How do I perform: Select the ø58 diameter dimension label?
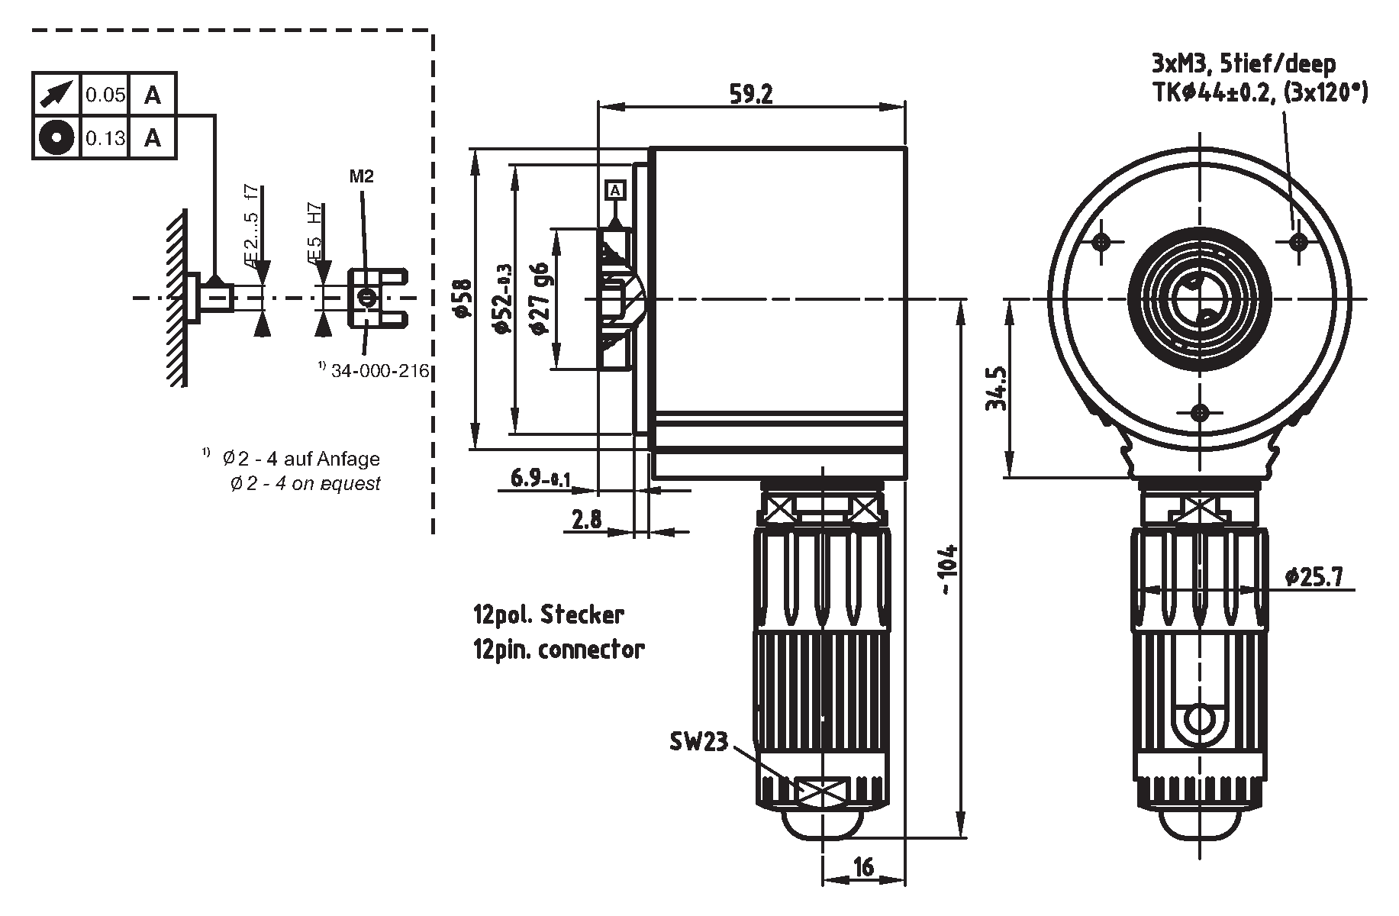(x=460, y=298)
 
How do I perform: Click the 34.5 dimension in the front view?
(x=998, y=389)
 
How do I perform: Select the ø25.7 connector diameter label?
(x=1314, y=576)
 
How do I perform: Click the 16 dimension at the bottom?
(x=863, y=867)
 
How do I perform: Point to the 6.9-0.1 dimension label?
(x=540, y=479)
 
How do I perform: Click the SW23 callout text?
(x=698, y=741)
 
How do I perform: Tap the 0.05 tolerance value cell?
(x=105, y=95)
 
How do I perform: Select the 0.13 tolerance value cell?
(x=105, y=138)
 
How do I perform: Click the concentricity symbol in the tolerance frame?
(x=56, y=138)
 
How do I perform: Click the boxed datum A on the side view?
(x=615, y=189)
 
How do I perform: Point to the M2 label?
(x=362, y=177)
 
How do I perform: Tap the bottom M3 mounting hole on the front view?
(x=1200, y=412)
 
